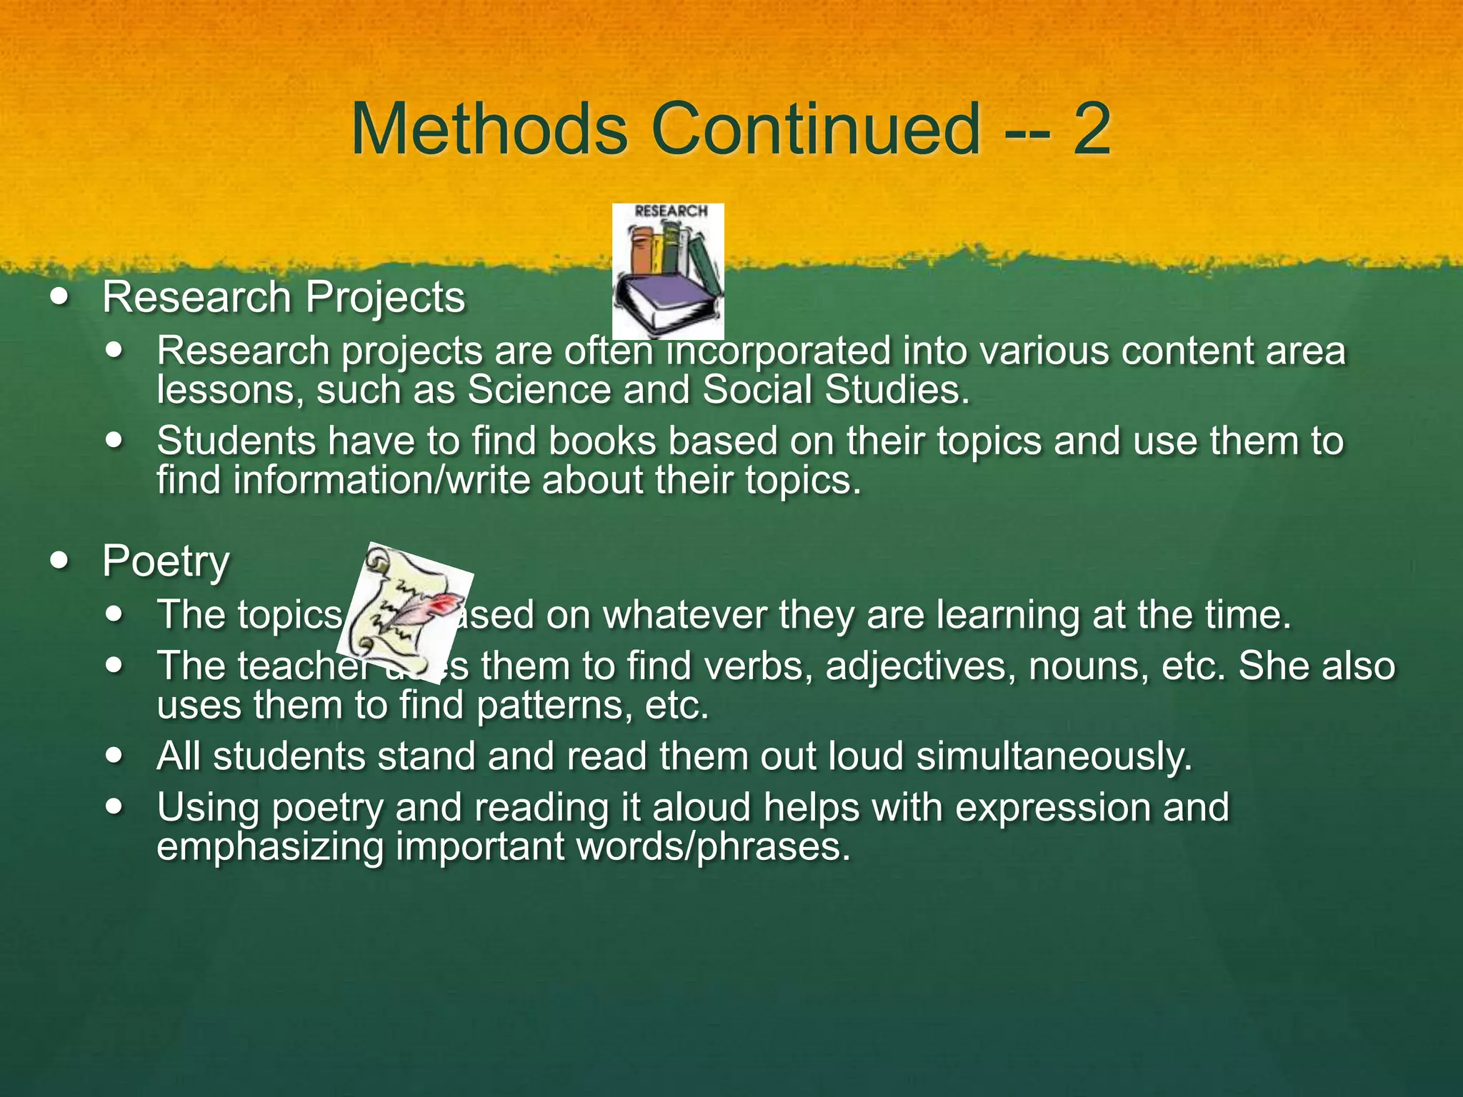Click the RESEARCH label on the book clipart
671,211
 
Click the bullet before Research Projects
60,297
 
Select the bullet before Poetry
60,561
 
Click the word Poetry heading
166,561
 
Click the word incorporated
779,351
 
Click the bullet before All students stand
114,756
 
